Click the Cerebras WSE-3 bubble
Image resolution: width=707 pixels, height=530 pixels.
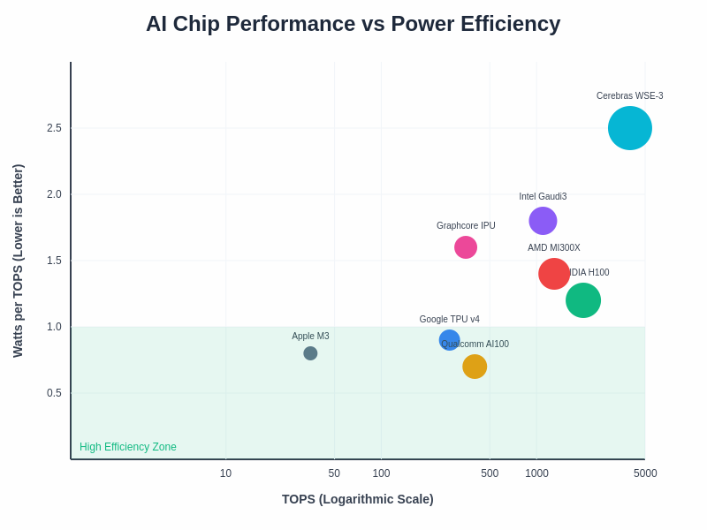630,128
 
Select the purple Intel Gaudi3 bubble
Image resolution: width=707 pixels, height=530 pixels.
543,221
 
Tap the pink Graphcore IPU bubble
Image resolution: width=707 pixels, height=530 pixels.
466,247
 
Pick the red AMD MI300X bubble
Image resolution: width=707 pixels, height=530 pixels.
554,274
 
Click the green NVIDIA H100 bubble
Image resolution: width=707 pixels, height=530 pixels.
583,300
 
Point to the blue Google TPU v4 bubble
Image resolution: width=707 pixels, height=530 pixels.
448,339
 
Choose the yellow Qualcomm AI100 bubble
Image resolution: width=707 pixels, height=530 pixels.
475,367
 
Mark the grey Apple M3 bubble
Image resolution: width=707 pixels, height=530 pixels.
310,353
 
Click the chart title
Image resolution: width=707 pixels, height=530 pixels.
353,24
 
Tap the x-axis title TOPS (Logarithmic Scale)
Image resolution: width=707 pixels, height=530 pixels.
357,499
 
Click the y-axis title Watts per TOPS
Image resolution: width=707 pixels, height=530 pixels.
18,261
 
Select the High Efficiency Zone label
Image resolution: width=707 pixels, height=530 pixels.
128,447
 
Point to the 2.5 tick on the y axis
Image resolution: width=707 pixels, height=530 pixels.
54,128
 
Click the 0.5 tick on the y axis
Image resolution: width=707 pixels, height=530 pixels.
54,393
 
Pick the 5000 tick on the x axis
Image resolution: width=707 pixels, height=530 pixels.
645,473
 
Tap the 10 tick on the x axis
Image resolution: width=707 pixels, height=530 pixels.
225,473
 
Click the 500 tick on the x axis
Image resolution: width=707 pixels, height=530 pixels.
490,473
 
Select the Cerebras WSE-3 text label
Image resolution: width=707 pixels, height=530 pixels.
629,96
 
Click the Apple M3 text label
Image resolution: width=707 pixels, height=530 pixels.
310,337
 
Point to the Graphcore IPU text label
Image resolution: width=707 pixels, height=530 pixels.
466,226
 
